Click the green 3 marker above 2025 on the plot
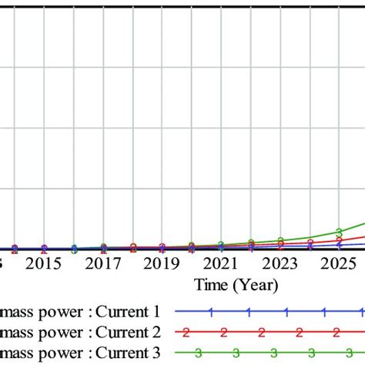tap(339, 232)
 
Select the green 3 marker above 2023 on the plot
tap(280, 240)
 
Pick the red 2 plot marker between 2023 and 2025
tap(310, 244)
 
